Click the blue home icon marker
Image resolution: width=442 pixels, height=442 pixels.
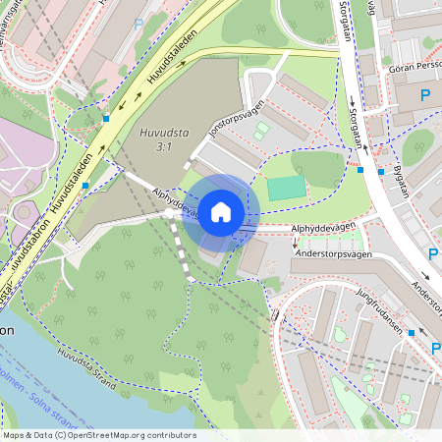(221, 212)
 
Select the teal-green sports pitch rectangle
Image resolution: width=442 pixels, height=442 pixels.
(287, 189)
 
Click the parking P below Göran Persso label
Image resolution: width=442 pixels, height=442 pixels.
(425, 94)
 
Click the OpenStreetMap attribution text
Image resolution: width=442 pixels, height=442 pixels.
(99, 435)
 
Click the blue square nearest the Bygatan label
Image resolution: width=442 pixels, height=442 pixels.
(381, 171)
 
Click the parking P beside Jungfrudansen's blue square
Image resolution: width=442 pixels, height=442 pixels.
(437, 349)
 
